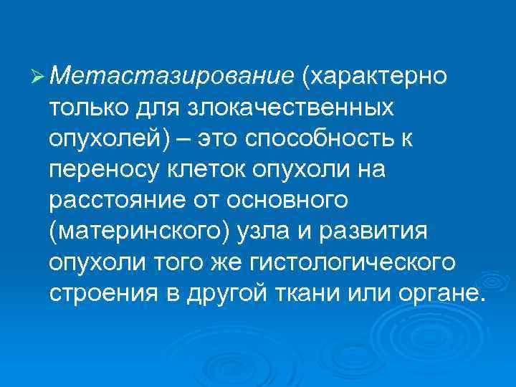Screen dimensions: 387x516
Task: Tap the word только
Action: [87, 107]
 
